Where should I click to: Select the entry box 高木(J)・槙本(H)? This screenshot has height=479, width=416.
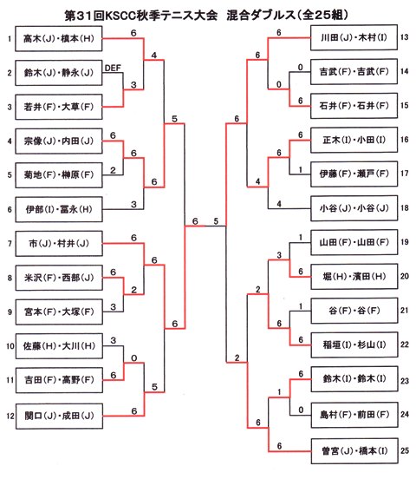pyautogui.click(x=59, y=38)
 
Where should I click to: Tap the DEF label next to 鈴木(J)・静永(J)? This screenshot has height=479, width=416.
pyautogui.click(x=113, y=68)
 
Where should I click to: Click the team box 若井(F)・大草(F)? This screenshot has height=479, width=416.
pyautogui.click(x=59, y=107)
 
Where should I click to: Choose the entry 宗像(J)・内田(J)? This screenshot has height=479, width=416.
pyautogui.click(x=59, y=141)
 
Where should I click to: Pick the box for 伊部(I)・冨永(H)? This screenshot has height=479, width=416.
pyautogui.click(x=59, y=210)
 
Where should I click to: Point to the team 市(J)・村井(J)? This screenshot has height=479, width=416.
pyautogui.click(x=59, y=244)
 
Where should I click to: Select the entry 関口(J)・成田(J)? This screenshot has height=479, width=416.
pyautogui.click(x=59, y=416)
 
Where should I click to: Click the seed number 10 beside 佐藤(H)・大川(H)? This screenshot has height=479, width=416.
pyautogui.click(x=10, y=346)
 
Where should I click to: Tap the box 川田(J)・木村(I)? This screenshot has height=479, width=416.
pyautogui.click(x=354, y=37)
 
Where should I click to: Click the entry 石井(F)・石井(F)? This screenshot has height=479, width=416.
pyautogui.click(x=354, y=106)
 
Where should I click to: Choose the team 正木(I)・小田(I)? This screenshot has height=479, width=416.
pyautogui.click(x=354, y=140)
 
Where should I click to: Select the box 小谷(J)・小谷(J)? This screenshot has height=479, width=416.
pyautogui.click(x=354, y=208)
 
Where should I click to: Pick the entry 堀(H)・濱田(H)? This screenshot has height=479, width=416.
pyautogui.click(x=354, y=277)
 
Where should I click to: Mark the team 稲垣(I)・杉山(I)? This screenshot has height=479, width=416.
pyautogui.click(x=354, y=344)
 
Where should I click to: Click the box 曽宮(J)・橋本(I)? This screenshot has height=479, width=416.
pyautogui.click(x=354, y=451)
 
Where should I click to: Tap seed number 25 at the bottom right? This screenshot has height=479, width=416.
pyautogui.click(x=405, y=451)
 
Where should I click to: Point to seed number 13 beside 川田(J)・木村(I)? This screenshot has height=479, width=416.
pyautogui.click(x=405, y=37)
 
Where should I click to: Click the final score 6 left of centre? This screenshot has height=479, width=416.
pyautogui.click(x=195, y=221)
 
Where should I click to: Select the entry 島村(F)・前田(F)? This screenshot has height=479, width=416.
pyautogui.click(x=354, y=415)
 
